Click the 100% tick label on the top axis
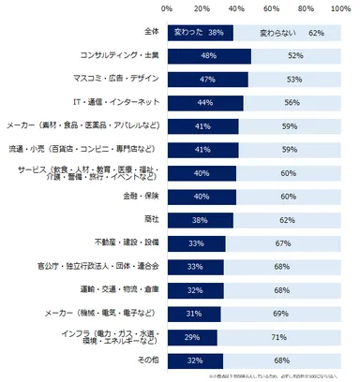point(339,8)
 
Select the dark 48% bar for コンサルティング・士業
point(208,56)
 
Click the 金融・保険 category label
point(139,196)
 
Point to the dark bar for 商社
point(200,219)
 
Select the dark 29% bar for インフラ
point(192,335)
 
